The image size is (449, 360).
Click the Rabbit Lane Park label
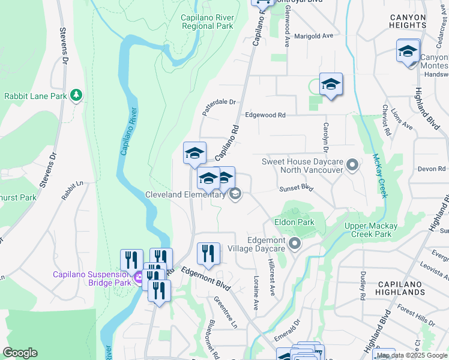(x=35, y=96)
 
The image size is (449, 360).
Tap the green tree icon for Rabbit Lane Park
(x=76, y=95)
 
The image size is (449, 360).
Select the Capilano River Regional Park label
(x=207, y=22)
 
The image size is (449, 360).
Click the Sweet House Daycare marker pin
(x=353, y=164)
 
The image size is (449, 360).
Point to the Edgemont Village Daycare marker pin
(x=294, y=244)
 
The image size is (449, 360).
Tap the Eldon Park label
(x=294, y=222)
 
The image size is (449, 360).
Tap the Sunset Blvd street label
(x=297, y=188)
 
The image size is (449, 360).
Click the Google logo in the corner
(x=20, y=353)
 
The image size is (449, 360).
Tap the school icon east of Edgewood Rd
(x=331, y=85)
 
